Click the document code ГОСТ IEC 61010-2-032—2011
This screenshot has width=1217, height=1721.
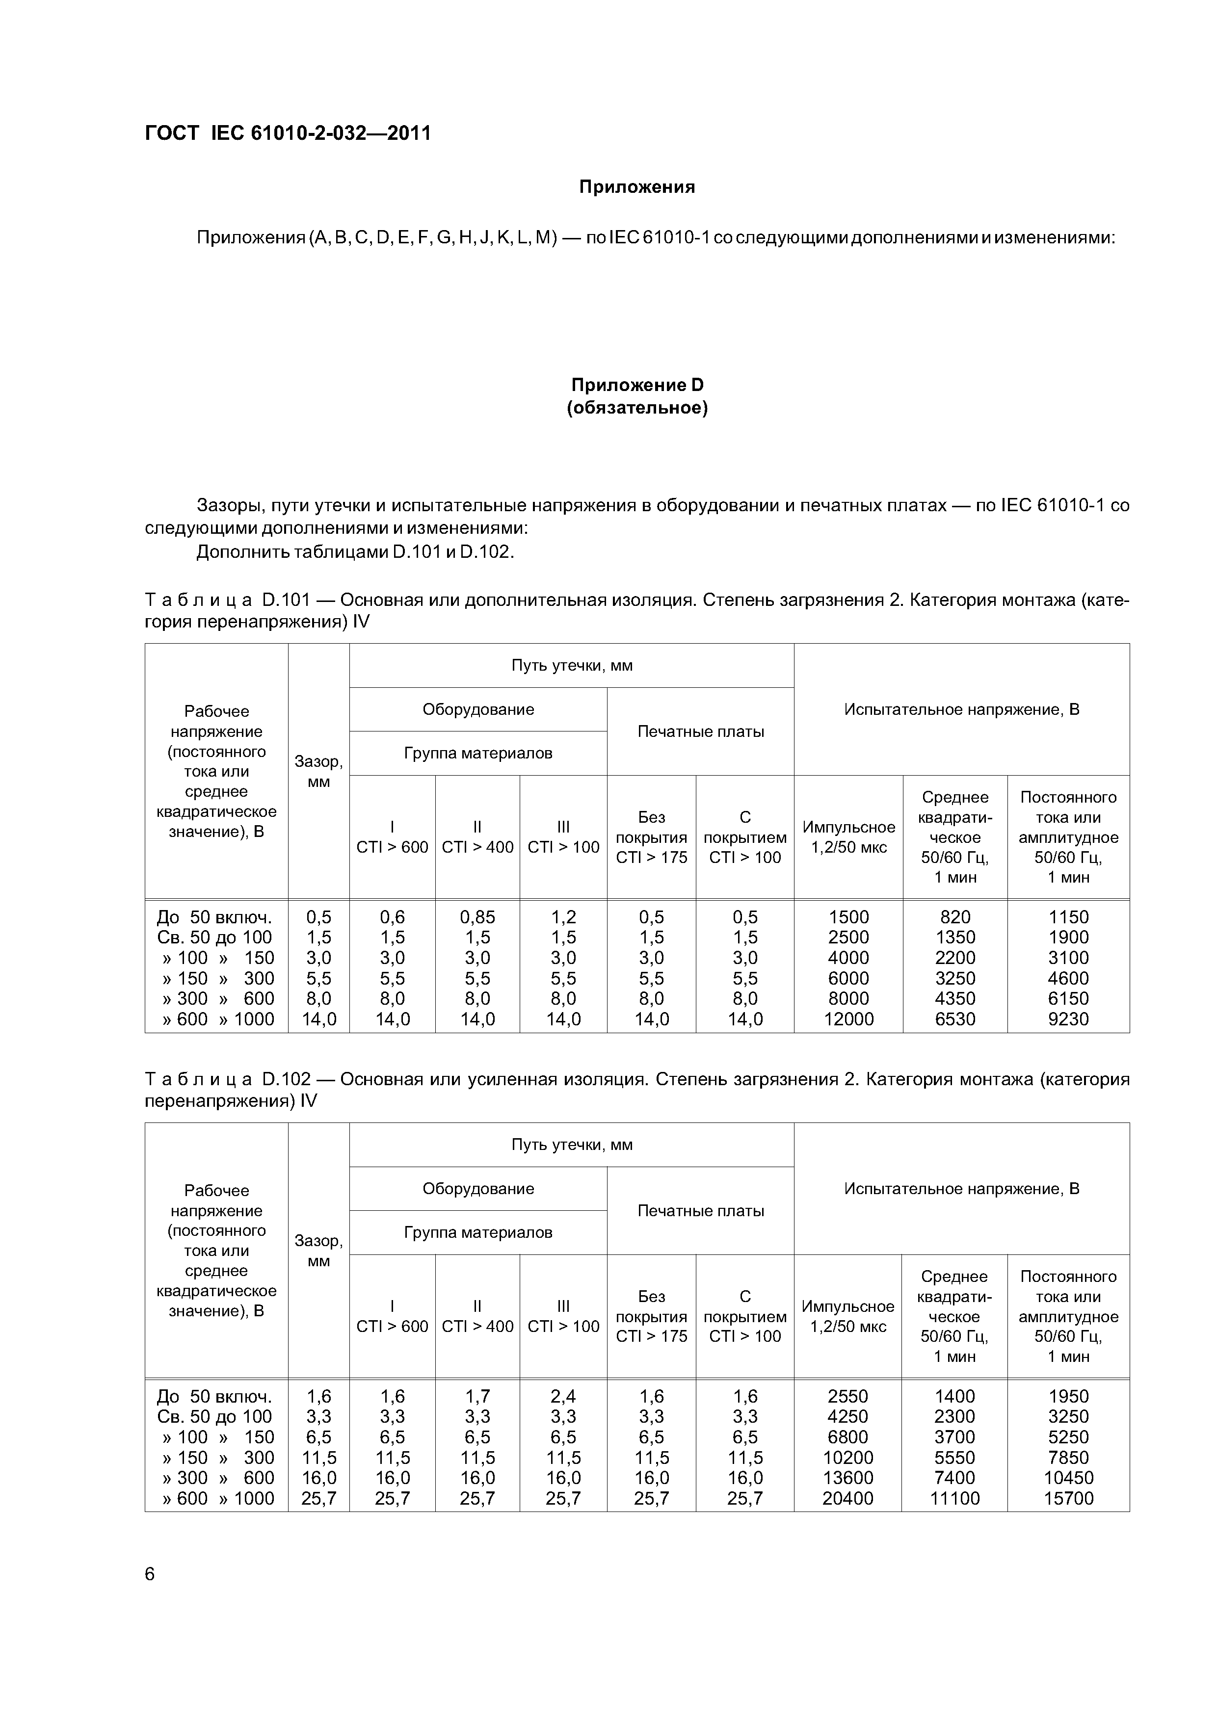288,133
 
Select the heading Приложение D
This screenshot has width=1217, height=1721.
637,385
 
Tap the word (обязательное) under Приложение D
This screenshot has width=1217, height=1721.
637,409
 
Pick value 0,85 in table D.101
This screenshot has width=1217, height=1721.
477,917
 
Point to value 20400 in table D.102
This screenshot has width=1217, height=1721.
848,1498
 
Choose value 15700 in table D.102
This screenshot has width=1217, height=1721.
1068,1498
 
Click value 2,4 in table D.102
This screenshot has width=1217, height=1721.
563,1396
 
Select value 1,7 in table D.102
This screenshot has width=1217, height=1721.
477,1396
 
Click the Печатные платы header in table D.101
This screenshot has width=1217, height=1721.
700,731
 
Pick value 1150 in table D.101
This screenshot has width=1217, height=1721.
1068,917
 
